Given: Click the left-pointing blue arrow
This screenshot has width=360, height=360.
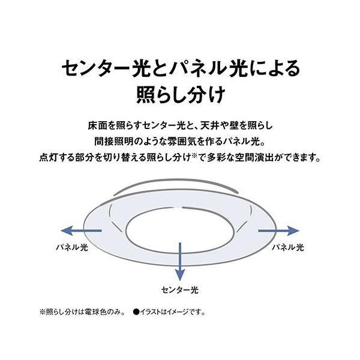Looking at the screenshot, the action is pyautogui.click(x=81, y=230).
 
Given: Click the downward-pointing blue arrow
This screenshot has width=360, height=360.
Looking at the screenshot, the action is pyautogui.click(x=179, y=258).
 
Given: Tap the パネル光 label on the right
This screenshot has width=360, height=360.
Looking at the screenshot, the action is pyautogui.click(x=288, y=246).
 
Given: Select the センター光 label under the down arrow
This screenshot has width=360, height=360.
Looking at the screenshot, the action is pyautogui.click(x=179, y=289).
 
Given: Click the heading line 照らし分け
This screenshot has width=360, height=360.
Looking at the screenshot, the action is pyautogui.click(x=179, y=96).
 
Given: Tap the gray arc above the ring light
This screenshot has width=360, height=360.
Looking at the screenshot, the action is pyautogui.click(x=179, y=182).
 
